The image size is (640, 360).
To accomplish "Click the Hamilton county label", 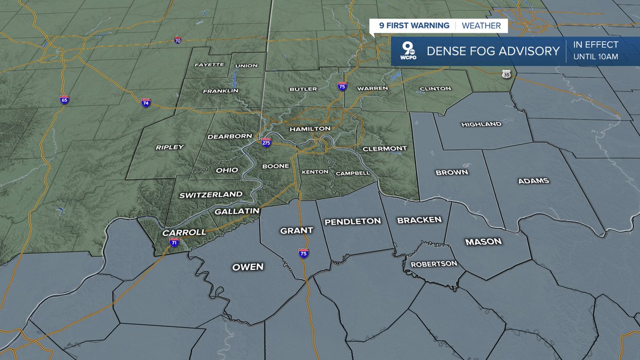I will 310,129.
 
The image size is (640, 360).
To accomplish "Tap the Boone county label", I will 275,166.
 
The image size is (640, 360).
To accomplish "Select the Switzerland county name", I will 211,195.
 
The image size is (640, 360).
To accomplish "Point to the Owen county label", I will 247,267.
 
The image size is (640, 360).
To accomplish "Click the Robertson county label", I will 434,263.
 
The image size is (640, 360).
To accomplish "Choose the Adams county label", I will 533,181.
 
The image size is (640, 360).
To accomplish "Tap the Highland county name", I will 481,124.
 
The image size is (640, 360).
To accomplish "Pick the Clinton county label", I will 435,89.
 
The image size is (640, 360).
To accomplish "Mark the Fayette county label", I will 210,65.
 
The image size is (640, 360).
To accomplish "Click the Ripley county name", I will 170,147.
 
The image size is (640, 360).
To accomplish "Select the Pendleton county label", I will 353,221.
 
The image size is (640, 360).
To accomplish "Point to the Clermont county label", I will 385,148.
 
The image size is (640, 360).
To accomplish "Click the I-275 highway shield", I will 266,142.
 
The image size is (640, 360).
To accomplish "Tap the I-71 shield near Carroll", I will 174,242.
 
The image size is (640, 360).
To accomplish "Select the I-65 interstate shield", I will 64,100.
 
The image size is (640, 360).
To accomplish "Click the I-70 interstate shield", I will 178,41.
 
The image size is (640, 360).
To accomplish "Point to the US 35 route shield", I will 506,75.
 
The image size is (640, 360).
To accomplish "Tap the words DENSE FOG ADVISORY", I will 493,52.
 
